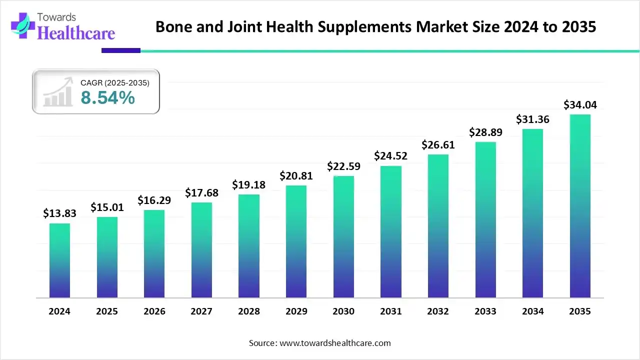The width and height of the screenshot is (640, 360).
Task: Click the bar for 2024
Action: [x=59, y=260]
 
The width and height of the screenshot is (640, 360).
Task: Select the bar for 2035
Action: [x=580, y=206]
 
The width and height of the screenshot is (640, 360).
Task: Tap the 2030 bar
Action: [x=343, y=237]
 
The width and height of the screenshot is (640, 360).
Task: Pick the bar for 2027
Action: [x=201, y=250]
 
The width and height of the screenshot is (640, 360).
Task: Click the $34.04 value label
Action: [x=580, y=105]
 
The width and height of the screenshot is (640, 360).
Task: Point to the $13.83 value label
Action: [x=59, y=213]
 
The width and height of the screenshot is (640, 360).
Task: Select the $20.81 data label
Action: [x=296, y=175]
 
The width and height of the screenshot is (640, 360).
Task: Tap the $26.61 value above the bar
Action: [x=438, y=144]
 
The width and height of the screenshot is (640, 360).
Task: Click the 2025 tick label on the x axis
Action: [x=107, y=311]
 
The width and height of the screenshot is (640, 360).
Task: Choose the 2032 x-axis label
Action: [x=438, y=311]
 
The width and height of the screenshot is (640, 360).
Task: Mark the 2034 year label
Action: [x=533, y=311]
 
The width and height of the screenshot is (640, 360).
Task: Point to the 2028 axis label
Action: [x=249, y=311]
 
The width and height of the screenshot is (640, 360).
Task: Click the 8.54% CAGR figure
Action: [x=108, y=98]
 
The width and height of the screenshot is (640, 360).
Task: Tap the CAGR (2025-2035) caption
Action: [x=115, y=83]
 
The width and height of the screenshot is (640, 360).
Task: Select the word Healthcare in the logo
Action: [x=76, y=33]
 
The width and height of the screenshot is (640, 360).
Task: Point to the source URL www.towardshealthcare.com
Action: [x=333, y=343]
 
